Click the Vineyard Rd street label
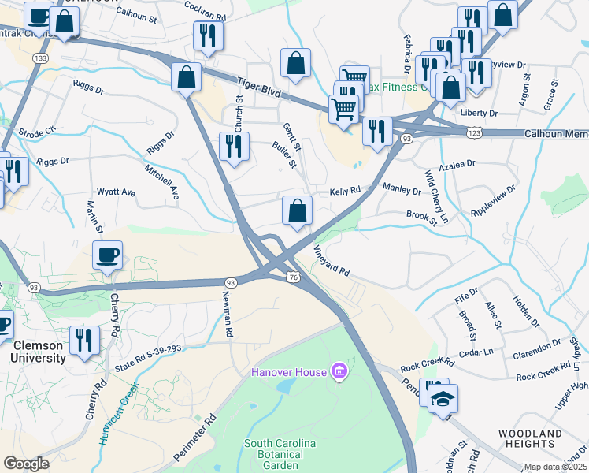tap(332, 260)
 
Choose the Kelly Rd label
tap(344, 191)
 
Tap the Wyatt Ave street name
tap(116, 192)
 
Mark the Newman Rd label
tap(228, 315)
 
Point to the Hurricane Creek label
tap(114, 414)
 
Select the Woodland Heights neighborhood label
tap(531, 440)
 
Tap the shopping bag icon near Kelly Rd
tap(297, 210)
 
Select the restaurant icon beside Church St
tap(234, 146)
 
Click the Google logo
tap(27, 464)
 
